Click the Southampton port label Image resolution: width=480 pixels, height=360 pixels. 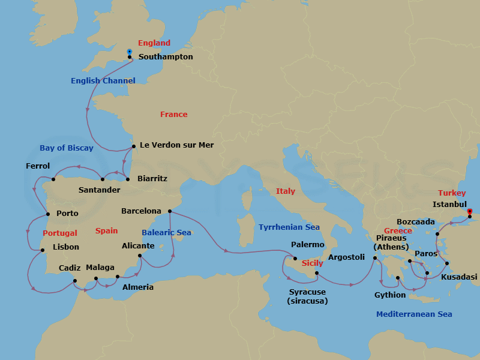tap(166, 57)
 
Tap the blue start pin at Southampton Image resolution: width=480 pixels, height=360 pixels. tap(130, 52)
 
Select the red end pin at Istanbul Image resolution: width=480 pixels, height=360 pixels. tap(470, 211)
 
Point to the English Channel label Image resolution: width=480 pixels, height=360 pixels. tap(103, 80)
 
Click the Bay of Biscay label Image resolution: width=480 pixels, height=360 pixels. tap(67, 148)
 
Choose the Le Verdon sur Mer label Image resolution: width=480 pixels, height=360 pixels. tap(176, 145)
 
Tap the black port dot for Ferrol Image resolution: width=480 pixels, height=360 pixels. tap(53, 179)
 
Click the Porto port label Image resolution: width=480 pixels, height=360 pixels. tap(67, 213)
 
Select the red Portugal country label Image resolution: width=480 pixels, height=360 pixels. tap(60, 233)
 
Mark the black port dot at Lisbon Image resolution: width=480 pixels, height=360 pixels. tap(42, 250)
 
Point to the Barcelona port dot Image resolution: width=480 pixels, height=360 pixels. tap(170, 211)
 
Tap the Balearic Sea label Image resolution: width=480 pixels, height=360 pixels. tap(166, 232)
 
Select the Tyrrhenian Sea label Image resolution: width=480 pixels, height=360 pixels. tap(289, 227)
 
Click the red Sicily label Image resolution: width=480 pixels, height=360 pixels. tap(312, 263)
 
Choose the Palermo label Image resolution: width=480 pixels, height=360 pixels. tap(307, 245)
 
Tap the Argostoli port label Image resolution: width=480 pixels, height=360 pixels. tap(346, 257)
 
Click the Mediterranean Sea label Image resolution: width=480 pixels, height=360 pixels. tap(414, 314)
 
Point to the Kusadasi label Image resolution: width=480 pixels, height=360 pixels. tap(459, 277)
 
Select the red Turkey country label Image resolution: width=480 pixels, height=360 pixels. tap(452, 193)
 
